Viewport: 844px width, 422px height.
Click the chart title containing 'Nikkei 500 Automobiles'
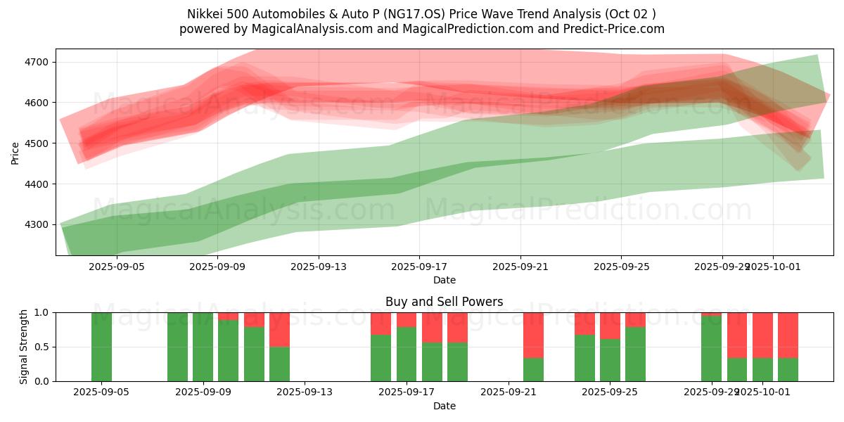point(421,14)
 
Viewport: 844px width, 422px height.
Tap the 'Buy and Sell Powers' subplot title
point(444,302)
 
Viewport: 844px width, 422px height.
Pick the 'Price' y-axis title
point(15,153)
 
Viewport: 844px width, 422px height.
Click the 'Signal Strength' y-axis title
point(24,346)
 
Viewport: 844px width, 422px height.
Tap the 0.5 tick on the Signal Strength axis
point(41,347)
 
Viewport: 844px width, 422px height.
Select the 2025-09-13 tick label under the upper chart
point(319,267)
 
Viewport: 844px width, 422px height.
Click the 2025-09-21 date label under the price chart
point(520,267)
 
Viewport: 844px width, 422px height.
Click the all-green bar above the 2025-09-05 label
point(101,347)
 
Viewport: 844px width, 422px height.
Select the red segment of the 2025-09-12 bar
point(279,329)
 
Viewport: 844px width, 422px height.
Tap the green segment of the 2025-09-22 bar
point(533,369)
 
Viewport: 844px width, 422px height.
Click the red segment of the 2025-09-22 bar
point(533,335)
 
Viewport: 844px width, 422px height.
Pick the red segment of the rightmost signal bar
point(788,335)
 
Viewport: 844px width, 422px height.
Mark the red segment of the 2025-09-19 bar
point(457,327)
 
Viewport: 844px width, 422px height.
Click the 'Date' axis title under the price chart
point(444,280)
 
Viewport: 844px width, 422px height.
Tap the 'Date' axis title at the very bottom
point(444,406)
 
